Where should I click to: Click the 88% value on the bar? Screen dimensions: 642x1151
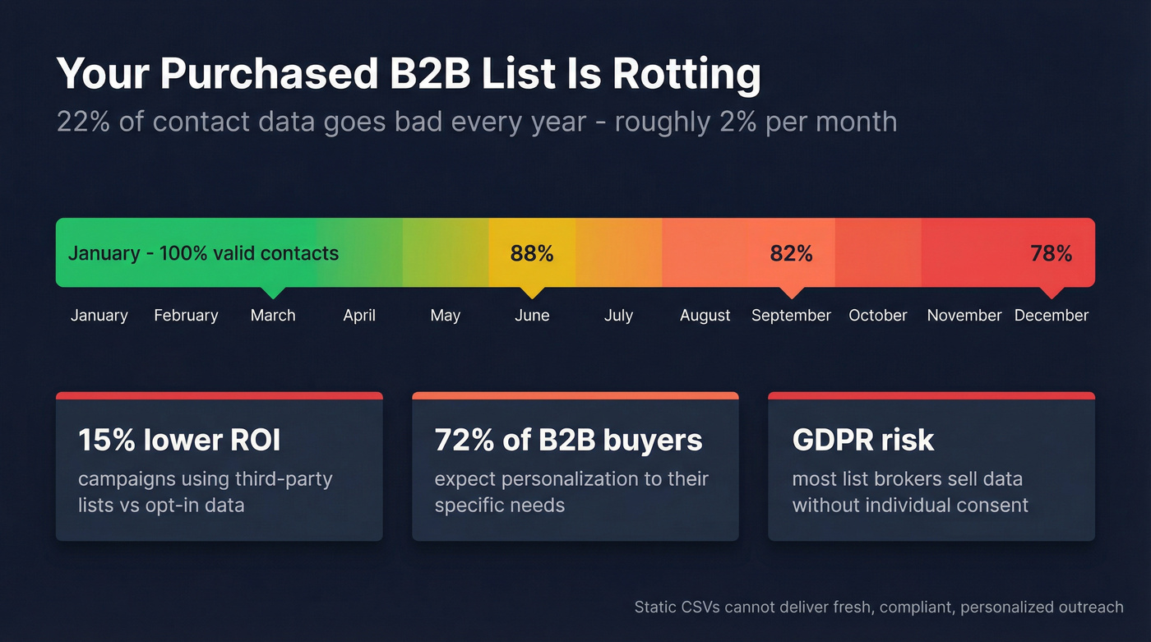click(x=532, y=253)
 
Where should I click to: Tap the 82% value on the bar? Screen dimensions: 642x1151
click(x=791, y=253)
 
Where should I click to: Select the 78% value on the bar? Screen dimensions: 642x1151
click(x=1051, y=253)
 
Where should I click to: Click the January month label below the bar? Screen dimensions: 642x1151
click(x=99, y=316)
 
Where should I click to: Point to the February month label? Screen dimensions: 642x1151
click(x=186, y=316)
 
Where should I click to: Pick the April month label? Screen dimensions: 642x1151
click(x=359, y=316)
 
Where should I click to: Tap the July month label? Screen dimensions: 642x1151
click(x=618, y=316)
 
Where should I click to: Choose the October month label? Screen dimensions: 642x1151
click(x=878, y=316)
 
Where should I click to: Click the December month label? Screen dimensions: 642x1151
click(x=1051, y=316)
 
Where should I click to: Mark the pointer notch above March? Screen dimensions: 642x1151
click(x=273, y=292)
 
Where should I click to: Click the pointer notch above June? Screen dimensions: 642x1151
click(x=532, y=292)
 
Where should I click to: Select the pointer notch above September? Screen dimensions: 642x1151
click(x=792, y=292)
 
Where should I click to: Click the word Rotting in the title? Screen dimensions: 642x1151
click(x=686, y=75)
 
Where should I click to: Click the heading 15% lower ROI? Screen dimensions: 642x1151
click(x=179, y=441)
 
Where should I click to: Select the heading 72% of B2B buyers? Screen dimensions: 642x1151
click(x=568, y=441)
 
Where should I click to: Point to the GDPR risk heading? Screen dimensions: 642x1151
click(x=862, y=441)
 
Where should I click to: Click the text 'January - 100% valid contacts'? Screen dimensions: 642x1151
click(x=203, y=253)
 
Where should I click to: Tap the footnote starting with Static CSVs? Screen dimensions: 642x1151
click(x=878, y=607)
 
